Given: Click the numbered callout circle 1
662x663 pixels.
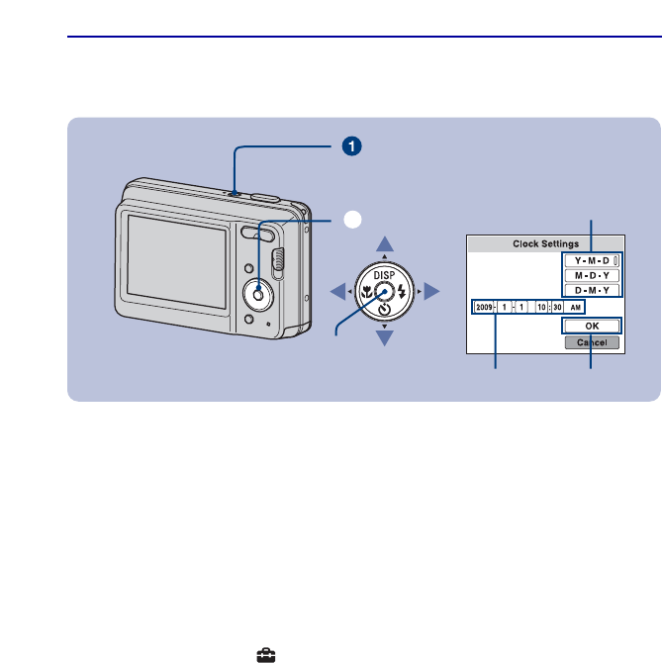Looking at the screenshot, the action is point(349,145).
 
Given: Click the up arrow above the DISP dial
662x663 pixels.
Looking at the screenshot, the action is point(386,243).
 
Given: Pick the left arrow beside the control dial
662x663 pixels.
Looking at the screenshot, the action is point(338,291).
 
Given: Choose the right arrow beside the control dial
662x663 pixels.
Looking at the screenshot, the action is point(432,291).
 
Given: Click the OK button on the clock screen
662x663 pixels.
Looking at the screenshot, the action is point(592,325).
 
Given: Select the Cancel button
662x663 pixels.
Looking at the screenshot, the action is point(592,342).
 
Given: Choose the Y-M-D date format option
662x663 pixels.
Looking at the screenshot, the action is point(592,259).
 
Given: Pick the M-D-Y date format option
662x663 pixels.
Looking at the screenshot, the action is point(592,274).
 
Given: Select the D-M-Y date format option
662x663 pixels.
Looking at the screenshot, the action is point(592,290).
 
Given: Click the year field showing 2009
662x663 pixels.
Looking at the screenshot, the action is point(484,308).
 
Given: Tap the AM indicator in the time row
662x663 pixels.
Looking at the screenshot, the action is point(574,308).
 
